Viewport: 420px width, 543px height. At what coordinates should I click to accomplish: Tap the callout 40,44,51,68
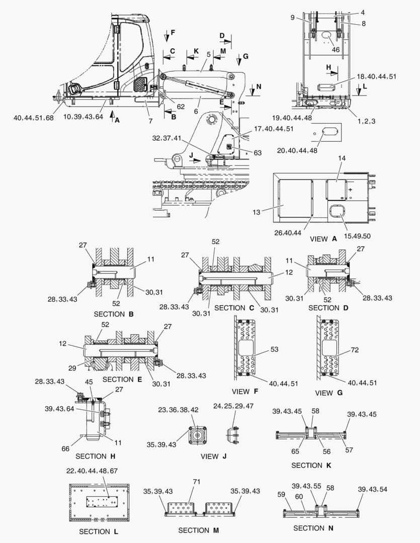(33, 118)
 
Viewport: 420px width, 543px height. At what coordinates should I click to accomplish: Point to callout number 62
(181, 107)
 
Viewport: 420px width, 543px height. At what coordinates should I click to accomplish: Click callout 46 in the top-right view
(335, 50)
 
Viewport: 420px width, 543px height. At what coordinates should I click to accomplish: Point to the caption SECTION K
(311, 465)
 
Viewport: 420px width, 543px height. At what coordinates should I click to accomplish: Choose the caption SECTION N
(308, 528)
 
